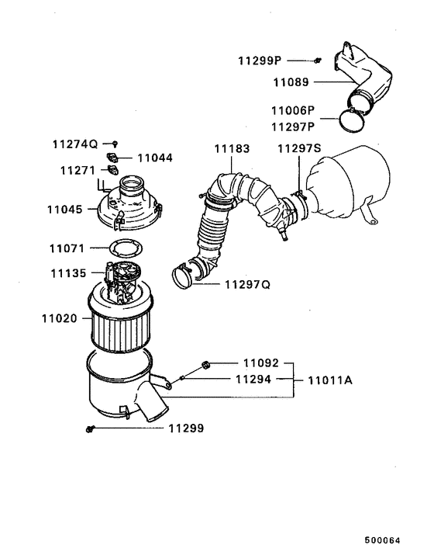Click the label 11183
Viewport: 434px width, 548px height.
[x=230, y=147]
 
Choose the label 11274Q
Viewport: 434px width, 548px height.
[x=75, y=144]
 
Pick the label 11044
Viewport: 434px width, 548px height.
[x=156, y=158]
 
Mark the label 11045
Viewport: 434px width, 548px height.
[x=66, y=209]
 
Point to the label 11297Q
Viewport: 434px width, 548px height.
[x=247, y=285]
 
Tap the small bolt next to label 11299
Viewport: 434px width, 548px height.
[x=91, y=428]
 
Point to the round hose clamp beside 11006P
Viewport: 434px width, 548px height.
[x=353, y=119]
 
